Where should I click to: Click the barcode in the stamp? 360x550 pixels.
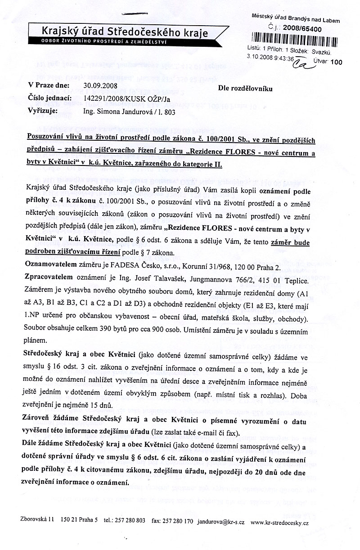pyautogui.click(x=295, y=37)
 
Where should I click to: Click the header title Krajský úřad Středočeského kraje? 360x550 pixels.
pyautogui.click(x=125, y=31)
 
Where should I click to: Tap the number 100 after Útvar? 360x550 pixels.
pyautogui.click(x=336, y=63)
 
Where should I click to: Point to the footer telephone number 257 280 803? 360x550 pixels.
pyautogui.click(x=130, y=520)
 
